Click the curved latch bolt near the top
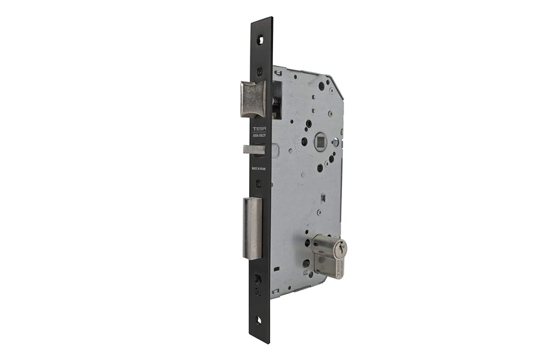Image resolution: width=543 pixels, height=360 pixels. click(x=252, y=99)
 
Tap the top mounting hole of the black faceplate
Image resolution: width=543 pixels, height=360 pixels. click(x=261, y=37)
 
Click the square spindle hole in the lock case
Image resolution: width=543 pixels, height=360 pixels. click(x=303, y=141)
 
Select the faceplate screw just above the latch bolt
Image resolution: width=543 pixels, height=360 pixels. click(x=261, y=70)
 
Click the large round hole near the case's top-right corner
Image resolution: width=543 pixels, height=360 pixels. click(x=322, y=86)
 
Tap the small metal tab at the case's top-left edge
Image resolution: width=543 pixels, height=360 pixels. click(x=276, y=70)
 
